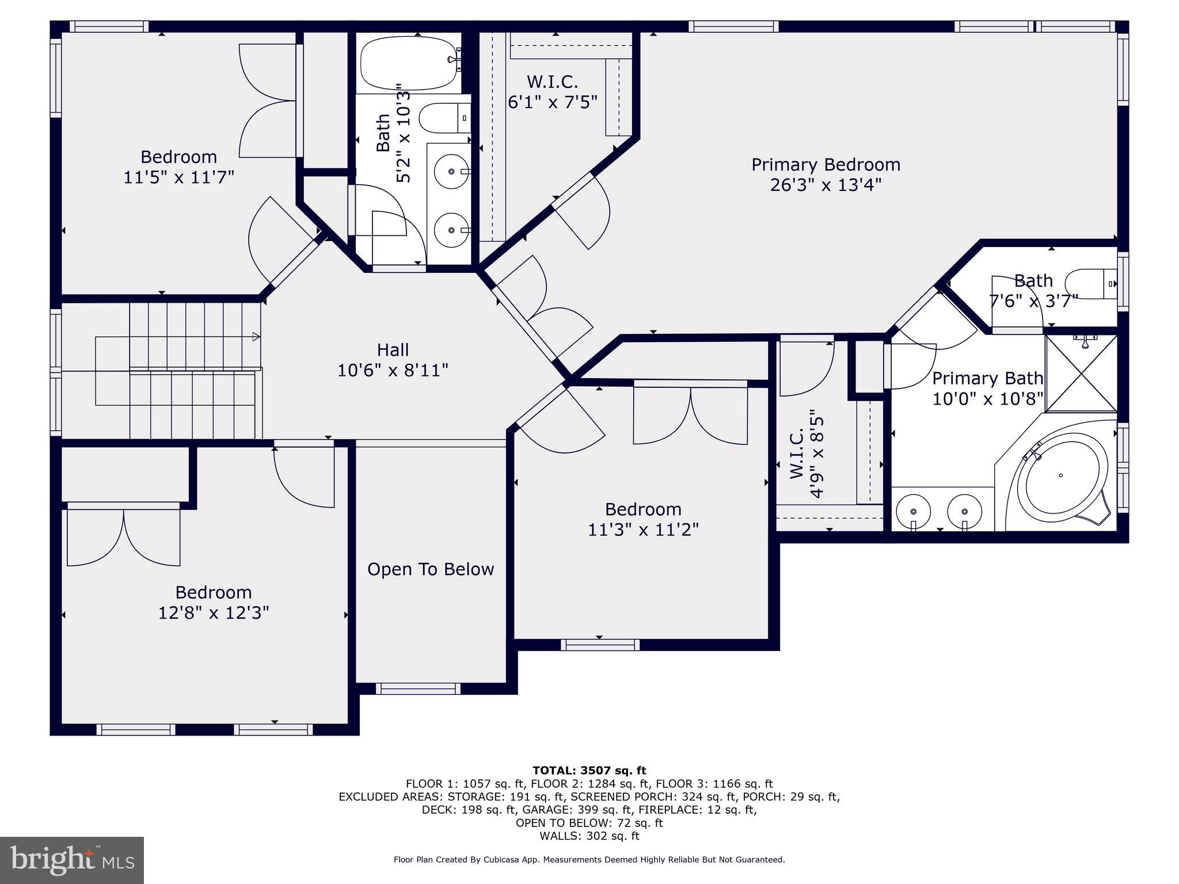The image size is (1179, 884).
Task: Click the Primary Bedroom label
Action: pyautogui.click(x=826, y=165)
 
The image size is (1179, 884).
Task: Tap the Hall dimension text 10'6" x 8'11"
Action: pyautogui.click(x=393, y=370)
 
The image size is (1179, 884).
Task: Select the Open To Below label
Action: pyautogui.click(x=431, y=569)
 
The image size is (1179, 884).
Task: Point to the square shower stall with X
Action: pyautogui.click(x=1081, y=374)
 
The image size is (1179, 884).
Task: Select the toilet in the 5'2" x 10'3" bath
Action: pyautogui.click(x=444, y=118)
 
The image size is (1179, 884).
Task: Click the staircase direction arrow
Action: pyautogui.click(x=256, y=337)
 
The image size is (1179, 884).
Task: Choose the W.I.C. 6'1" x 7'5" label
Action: pyautogui.click(x=552, y=92)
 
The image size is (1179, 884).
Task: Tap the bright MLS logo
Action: pyautogui.click(x=72, y=860)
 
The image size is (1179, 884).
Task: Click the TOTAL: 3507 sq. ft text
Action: pyautogui.click(x=589, y=771)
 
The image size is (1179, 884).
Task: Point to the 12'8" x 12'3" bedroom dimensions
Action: pyautogui.click(x=214, y=613)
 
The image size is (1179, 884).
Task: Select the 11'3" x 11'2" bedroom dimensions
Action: pyautogui.click(x=643, y=529)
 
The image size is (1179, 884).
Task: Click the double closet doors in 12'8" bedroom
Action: pyautogui.click(x=124, y=536)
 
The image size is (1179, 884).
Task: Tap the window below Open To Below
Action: pyautogui.click(x=418, y=688)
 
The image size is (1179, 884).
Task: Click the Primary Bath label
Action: pyautogui.click(x=987, y=379)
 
